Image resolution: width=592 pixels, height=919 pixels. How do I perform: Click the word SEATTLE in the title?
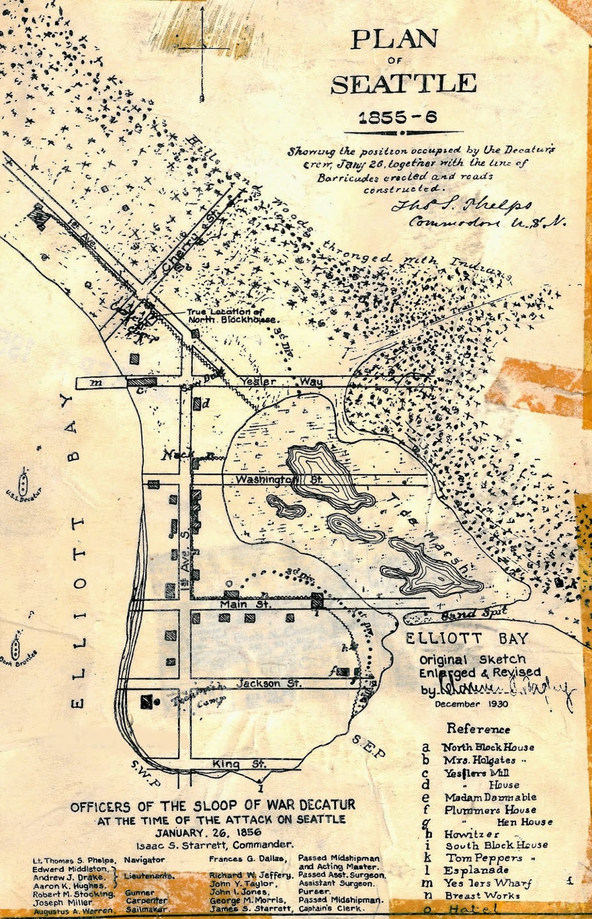coord(404,84)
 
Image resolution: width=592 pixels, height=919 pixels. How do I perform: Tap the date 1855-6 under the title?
coord(397,118)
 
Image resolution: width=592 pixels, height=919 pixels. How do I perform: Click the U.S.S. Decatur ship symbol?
coord(23,481)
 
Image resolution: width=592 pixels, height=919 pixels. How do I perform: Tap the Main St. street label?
coord(249,604)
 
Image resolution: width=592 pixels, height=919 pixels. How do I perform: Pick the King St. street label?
coord(239,764)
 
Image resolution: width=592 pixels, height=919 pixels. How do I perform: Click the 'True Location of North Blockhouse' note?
coord(232,315)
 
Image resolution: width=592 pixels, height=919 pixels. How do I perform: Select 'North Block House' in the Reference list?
coord(487,747)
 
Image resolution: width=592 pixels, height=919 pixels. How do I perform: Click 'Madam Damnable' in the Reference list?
coord(490,797)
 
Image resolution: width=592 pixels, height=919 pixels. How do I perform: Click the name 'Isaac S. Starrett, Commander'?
coord(215,844)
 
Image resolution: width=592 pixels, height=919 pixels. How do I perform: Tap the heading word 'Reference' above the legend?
coord(478,729)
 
